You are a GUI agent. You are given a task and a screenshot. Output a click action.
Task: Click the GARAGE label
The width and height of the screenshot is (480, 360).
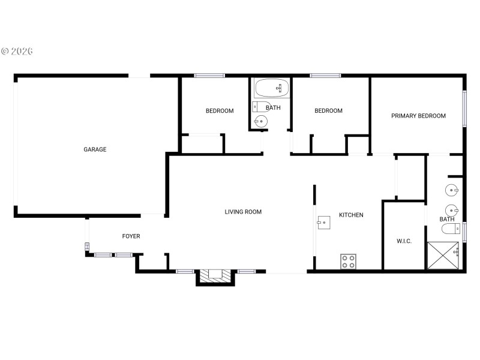[95, 149]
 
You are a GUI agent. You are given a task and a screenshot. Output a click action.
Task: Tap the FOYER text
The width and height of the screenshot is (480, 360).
[131, 236]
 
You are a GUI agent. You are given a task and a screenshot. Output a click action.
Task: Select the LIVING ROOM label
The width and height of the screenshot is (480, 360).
[243, 212]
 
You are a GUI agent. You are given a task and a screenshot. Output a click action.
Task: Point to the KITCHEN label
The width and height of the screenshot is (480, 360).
[351, 215]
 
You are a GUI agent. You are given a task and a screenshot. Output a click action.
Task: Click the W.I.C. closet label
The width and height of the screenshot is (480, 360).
[404, 241]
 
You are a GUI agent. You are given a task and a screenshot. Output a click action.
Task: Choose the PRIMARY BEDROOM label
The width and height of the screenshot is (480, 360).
[418, 116]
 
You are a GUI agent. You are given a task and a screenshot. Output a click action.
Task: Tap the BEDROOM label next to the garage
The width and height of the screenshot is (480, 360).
[220, 111]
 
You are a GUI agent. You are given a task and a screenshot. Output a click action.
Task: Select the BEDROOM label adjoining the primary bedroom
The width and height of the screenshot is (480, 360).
[328, 111]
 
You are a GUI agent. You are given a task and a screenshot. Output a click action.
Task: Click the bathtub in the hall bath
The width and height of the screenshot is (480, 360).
[272, 89]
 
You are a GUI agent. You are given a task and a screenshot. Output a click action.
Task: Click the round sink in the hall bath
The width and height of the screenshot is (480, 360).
[260, 121]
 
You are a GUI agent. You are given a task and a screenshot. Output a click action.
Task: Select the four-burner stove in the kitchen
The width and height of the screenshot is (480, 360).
[349, 262]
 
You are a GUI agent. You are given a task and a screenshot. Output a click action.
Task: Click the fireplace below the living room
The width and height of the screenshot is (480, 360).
[214, 275]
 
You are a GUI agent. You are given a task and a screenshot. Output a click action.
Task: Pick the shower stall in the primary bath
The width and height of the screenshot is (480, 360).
[442, 256]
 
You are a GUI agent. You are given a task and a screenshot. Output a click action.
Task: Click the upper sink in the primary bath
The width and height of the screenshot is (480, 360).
[452, 191]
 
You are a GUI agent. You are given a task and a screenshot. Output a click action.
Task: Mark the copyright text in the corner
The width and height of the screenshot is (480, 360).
[17, 52]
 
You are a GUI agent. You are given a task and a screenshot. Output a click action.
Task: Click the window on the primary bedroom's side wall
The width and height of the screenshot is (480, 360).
[464, 109]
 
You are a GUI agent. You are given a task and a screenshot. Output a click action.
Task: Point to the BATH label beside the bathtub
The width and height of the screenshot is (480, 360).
[273, 108]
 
